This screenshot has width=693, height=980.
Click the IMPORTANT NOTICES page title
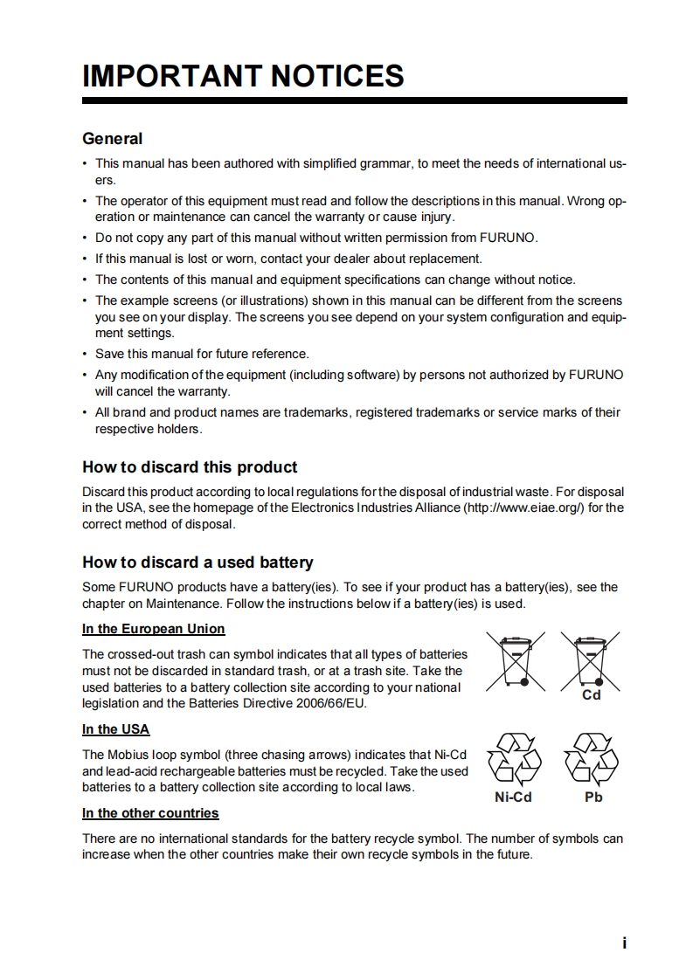tap(243, 76)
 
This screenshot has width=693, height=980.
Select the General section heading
tap(112, 139)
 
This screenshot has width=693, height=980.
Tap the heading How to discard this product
tap(190, 467)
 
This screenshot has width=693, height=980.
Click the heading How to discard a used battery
tap(198, 562)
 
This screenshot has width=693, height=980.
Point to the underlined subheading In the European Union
tap(153, 629)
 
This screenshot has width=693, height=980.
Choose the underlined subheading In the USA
tap(115, 729)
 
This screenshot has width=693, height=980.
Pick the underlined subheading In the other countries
tap(150, 813)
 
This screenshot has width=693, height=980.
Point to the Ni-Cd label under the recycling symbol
tap(513, 797)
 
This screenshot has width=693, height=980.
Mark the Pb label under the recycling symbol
tap(593, 797)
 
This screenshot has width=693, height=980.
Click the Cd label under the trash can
tap(592, 695)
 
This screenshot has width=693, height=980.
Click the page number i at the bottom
tap(624, 942)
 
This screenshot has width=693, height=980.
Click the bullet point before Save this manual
tap(85, 355)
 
